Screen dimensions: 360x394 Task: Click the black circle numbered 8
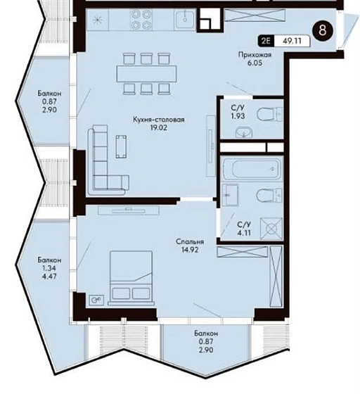[x=323, y=30]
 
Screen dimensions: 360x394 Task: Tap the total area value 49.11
[x=292, y=41]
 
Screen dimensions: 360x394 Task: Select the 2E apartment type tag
[x=266, y=41]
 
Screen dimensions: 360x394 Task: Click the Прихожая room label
[x=255, y=55]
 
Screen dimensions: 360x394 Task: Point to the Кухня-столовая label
[x=159, y=120]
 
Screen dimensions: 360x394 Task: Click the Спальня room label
[x=190, y=242]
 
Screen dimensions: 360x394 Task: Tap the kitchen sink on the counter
[x=185, y=20]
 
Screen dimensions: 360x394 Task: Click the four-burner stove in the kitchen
[x=141, y=20]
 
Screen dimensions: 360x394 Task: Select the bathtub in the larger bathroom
[x=252, y=169]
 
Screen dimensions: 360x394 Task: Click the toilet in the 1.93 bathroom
[x=269, y=114]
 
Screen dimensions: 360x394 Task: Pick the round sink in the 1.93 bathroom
[x=244, y=132]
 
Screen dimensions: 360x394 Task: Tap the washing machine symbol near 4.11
[x=271, y=229]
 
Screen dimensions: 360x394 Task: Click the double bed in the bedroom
[x=131, y=278]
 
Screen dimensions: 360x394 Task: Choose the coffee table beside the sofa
[x=121, y=146]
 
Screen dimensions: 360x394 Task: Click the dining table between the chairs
[x=146, y=74]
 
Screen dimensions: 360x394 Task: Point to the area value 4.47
[x=49, y=276]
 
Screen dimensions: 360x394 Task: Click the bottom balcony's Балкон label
[x=206, y=333]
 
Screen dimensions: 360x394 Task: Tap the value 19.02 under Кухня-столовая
[x=159, y=127]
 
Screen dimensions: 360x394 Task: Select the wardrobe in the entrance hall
[x=255, y=15]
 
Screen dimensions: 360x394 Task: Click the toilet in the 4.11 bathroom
[x=269, y=196]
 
